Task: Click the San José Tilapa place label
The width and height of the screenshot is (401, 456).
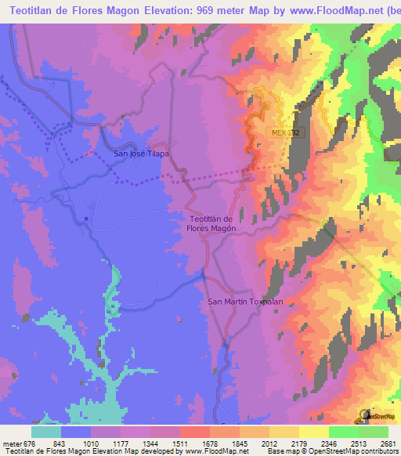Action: [x=142, y=154]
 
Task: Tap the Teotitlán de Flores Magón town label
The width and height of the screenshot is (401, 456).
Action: [x=212, y=223]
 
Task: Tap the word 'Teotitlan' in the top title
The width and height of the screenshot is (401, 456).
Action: [x=32, y=12]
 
